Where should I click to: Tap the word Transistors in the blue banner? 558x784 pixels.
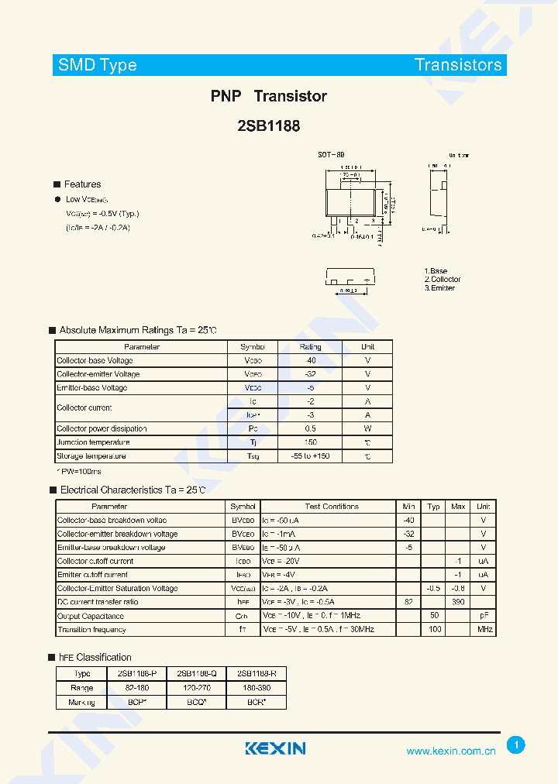(x=458, y=65)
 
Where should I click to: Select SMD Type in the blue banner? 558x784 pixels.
(x=98, y=65)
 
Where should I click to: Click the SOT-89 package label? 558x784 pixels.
(x=331, y=155)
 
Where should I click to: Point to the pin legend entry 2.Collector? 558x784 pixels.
(x=443, y=280)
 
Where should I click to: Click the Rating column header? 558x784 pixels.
(x=310, y=347)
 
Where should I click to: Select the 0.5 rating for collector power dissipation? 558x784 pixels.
(x=310, y=428)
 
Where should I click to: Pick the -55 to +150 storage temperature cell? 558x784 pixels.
(x=310, y=456)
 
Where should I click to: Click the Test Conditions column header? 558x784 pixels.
(x=331, y=507)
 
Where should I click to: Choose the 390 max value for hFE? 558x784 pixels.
(x=458, y=602)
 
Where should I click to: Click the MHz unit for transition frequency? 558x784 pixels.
(x=484, y=630)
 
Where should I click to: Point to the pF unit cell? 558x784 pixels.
(x=484, y=617)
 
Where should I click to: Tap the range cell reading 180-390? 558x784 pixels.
(x=257, y=688)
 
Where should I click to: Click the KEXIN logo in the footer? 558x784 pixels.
(x=275, y=748)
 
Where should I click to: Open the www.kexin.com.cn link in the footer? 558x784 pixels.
(x=451, y=751)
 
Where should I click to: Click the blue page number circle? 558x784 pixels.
(x=516, y=745)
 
